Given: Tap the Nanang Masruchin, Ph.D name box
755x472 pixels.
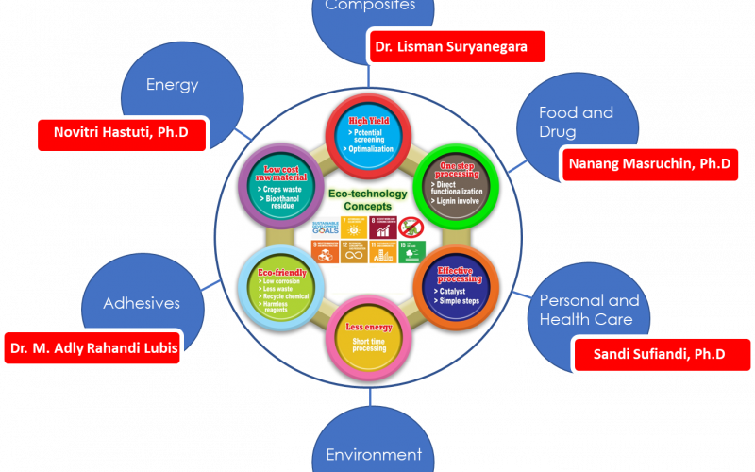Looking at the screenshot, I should [648, 164].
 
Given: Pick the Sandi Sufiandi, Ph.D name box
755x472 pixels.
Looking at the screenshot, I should [662, 355].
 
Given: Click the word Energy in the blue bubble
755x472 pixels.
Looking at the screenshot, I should [172, 85].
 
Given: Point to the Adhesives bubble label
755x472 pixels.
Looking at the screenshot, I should [141, 304].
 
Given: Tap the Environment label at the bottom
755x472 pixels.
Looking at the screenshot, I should [373, 455].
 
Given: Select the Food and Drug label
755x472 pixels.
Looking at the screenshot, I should [576, 122].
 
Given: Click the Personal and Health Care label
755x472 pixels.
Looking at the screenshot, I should [589, 310].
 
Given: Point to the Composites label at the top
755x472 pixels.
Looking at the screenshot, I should [370, 6].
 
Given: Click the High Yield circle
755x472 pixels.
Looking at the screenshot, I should [371, 136].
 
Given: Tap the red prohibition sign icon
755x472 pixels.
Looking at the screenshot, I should [411, 227].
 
